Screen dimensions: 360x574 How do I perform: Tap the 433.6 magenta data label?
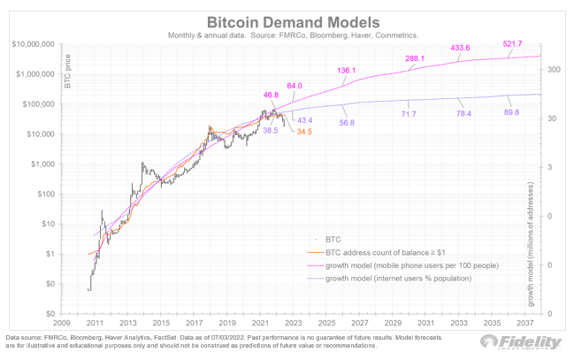(461, 48)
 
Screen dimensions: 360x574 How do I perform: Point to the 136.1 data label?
(348, 70)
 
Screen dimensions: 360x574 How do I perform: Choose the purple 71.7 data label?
(409, 115)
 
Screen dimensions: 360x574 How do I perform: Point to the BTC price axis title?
(67, 67)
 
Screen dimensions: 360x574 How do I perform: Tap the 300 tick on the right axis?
(554, 69)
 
